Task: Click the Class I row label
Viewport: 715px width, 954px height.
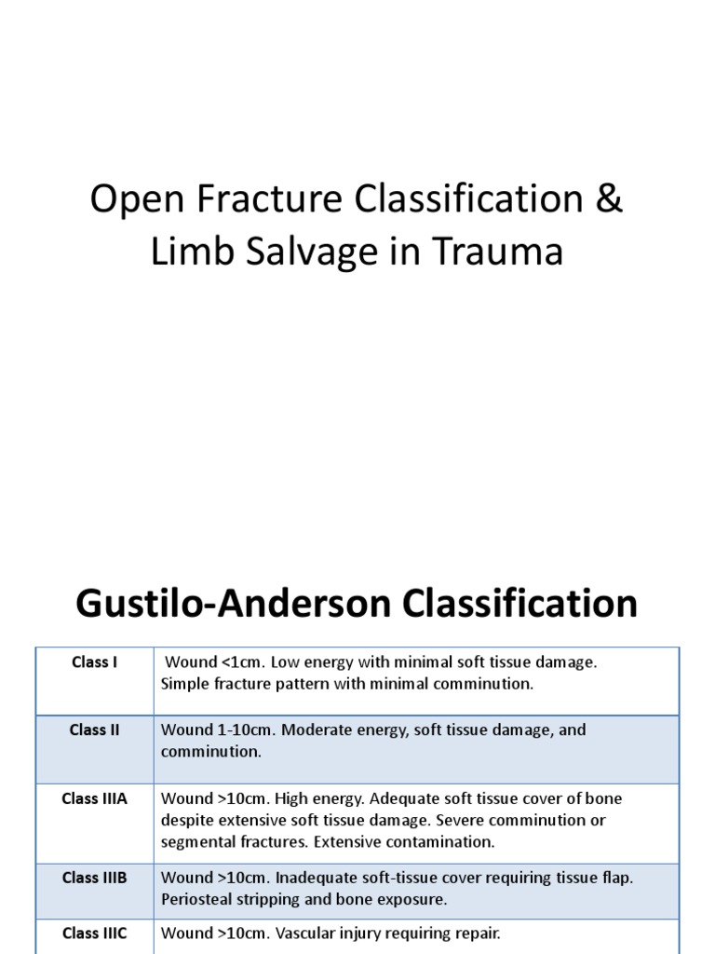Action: pos(94,662)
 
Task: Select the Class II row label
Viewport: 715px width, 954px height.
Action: pos(94,730)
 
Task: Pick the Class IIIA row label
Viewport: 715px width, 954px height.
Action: pos(94,799)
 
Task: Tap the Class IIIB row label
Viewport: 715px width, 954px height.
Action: pos(94,878)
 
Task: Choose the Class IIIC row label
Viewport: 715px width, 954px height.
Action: pos(94,932)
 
